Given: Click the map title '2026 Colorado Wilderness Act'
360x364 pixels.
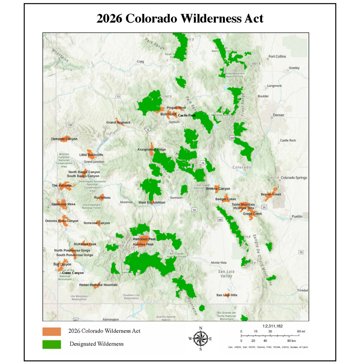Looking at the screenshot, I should tap(180, 18).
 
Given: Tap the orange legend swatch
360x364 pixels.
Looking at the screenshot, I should tap(51, 331).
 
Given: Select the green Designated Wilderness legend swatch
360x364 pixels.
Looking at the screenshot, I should tap(51, 344).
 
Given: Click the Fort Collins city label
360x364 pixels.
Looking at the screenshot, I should tap(277, 57).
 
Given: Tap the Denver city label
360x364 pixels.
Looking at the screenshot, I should tap(279, 115).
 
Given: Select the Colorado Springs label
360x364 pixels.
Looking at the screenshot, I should tap(294, 178).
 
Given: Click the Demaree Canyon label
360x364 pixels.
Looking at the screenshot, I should tap(64, 139).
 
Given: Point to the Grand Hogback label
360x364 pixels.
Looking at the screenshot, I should tap(118, 123).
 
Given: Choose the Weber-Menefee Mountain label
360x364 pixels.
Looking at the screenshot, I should tap(98, 285).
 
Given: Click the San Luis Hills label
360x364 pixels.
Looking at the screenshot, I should tap(227, 295).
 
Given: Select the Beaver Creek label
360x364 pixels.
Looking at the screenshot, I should tap(271, 194).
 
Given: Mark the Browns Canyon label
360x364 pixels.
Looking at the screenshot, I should tap(218, 189).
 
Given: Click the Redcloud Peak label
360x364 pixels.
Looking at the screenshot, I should tap(144, 239).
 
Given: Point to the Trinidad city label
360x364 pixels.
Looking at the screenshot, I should tap(302, 291).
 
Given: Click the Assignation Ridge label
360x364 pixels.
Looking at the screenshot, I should tap(152, 150).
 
